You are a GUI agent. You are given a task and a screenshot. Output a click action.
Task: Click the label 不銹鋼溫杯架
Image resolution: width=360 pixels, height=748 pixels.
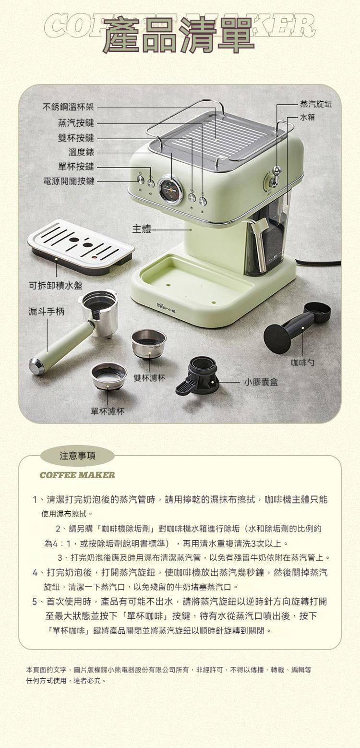coord(69,107)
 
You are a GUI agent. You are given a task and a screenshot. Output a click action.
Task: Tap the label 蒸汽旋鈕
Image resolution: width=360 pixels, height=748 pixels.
coord(316,105)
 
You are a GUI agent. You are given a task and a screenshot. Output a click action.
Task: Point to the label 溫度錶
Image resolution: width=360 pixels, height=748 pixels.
coord(82,152)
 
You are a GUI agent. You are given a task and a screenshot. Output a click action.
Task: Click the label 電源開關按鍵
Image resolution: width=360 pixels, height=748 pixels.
coord(69,181)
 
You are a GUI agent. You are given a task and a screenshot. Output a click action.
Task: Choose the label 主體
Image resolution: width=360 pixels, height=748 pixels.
coord(142,229)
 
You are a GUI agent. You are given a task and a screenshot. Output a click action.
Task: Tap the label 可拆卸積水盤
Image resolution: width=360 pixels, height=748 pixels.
coord(55,286)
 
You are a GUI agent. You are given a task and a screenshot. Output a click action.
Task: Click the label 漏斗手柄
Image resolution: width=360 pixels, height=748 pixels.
coord(46,312)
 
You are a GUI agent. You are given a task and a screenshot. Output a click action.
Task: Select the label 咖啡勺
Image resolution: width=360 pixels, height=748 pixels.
coord(302,362)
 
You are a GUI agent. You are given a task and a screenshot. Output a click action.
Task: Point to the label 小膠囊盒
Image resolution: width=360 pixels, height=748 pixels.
coord(261,382)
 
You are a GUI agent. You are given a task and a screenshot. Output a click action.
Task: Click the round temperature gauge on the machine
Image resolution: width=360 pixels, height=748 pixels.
coord(169,190)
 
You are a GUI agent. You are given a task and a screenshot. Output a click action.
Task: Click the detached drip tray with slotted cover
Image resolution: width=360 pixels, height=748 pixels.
coord(81,247)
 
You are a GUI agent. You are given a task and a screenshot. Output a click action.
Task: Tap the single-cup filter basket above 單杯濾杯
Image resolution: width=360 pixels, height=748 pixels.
coord(109,376)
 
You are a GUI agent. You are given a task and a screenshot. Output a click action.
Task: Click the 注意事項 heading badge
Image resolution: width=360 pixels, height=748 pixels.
coord(77,456)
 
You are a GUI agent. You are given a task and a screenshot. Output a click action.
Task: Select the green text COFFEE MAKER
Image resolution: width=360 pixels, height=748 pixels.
coord(77,475)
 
